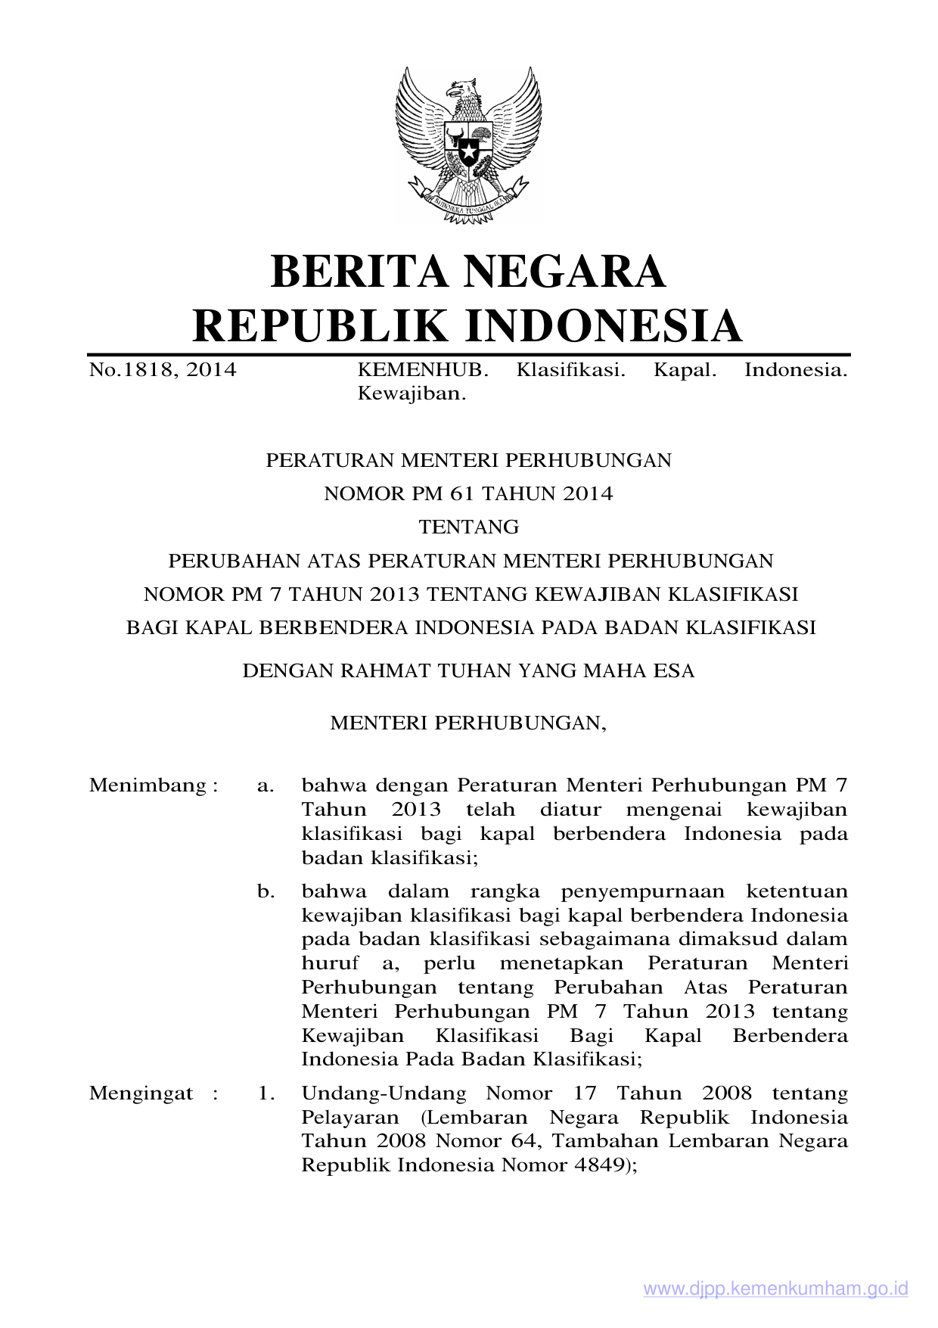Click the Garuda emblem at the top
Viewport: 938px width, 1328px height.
(468, 145)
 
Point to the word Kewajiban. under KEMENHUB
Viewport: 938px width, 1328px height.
(412, 393)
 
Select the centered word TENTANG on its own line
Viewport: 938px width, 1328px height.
(469, 527)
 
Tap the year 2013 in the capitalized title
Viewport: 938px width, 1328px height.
(395, 595)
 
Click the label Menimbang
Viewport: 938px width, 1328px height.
(148, 785)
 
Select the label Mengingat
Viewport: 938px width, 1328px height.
(141, 1093)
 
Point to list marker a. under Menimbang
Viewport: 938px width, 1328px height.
(265, 785)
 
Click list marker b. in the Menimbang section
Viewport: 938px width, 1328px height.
(266, 891)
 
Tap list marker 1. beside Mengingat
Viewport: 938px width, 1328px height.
(266, 1093)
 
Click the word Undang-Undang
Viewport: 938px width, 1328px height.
(384, 1093)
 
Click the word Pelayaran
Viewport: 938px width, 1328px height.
(349, 1118)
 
